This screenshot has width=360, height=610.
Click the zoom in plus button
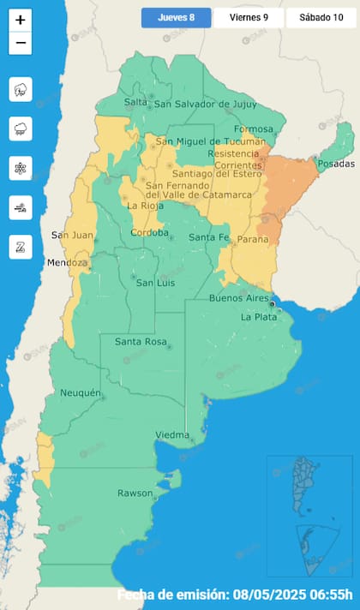[21, 20]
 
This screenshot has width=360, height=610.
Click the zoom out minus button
[21, 43]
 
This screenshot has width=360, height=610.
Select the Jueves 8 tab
[176, 18]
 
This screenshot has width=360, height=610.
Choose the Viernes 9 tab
[248, 18]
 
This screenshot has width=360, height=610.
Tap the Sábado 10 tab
[321, 18]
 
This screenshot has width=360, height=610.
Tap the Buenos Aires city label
[239, 298]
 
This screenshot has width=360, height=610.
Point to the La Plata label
[257, 317]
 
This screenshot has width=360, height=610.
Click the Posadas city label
[334, 164]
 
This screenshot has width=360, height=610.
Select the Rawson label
[135, 493]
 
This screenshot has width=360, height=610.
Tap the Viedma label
[172, 435]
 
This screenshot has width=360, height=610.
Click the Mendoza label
[68, 262]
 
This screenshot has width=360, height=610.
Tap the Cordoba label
[149, 233]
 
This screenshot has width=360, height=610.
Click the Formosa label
[253, 129]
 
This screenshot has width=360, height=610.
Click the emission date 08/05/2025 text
[291, 595]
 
